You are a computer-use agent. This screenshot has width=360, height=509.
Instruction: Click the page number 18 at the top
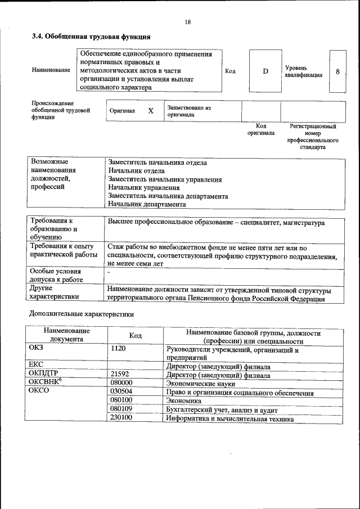(x=187, y=22)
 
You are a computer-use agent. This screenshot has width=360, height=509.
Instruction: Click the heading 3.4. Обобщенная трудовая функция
(x=91, y=37)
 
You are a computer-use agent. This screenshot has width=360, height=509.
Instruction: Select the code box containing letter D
(x=265, y=71)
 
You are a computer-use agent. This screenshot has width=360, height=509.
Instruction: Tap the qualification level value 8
(x=337, y=71)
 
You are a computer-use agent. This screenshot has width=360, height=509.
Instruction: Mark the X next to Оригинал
(x=151, y=111)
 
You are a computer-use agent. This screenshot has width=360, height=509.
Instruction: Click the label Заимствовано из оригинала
(x=188, y=111)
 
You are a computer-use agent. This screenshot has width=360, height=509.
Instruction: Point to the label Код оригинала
(x=261, y=130)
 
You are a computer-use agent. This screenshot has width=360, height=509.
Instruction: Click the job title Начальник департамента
(x=147, y=204)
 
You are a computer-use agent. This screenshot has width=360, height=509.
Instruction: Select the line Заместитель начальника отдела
(x=157, y=163)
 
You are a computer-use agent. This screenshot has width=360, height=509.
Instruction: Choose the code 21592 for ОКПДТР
(x=120, y=374)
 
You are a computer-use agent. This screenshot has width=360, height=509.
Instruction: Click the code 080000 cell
(x=121, y=382)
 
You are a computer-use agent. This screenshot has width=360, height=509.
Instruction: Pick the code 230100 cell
(x=121, y=418)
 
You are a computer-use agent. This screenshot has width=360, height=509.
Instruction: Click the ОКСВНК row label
(x=45, y=382)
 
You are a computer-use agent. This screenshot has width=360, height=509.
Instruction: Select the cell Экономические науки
(x=199, y=382)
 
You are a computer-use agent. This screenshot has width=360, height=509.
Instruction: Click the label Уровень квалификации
(x=303, y=71)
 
